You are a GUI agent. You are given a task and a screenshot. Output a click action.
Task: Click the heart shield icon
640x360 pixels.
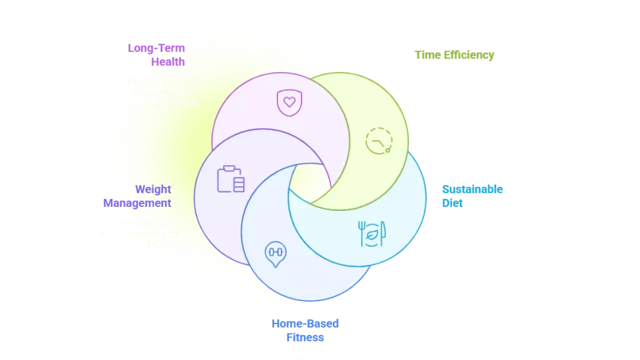point(289,103)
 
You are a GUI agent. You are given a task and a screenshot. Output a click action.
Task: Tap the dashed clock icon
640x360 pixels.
point(378,140)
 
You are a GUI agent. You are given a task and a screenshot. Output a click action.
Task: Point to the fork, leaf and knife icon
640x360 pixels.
point(371,233)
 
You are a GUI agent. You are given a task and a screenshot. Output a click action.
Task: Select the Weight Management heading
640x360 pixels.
point(138,196)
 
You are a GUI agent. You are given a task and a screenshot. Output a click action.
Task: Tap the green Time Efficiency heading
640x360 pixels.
point(453,55)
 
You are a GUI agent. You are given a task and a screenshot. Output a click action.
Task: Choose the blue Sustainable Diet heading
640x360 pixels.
point(471,196)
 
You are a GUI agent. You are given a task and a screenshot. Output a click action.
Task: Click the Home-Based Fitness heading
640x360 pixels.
point(305,330)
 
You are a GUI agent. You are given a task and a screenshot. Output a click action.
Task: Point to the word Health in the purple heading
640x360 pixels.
point(168,62)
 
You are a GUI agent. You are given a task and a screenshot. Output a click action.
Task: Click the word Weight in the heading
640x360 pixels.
point(153,189)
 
